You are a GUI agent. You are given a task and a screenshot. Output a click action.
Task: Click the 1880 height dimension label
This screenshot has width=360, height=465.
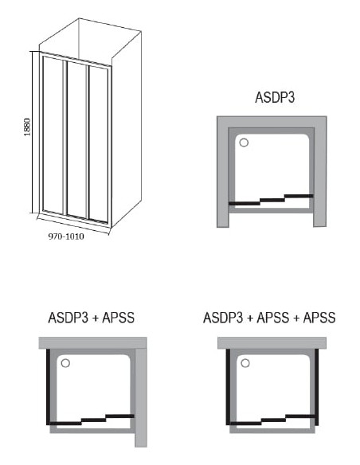27,127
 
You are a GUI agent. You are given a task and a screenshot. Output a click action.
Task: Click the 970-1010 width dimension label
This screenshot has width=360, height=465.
66,236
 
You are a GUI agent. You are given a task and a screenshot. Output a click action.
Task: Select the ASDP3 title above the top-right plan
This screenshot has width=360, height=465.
275,97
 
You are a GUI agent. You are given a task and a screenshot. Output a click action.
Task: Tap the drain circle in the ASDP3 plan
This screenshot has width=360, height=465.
244,143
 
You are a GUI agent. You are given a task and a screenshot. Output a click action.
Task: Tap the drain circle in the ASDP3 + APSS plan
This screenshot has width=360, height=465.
65,363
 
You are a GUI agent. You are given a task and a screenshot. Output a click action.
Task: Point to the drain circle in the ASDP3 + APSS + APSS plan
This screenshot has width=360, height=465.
245,363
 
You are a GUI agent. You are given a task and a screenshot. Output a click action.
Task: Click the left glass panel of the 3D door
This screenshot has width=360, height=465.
53,134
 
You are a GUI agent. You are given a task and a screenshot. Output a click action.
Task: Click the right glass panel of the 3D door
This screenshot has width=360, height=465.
99,144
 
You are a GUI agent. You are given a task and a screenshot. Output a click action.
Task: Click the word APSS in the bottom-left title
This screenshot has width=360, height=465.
119,318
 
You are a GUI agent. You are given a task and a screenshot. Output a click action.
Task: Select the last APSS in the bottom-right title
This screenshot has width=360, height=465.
319,318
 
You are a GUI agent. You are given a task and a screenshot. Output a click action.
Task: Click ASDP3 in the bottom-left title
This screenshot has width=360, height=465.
68,318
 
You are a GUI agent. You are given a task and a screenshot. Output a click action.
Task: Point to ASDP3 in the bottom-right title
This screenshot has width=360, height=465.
223,318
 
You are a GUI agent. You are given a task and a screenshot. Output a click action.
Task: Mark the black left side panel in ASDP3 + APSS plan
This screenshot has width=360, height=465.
48,387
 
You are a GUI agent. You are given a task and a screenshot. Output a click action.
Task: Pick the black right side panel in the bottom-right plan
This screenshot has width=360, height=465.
317,387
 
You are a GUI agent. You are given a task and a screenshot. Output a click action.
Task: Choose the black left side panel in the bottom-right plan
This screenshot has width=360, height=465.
228,387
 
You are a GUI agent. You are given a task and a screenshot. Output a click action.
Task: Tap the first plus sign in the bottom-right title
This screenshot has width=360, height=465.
250,318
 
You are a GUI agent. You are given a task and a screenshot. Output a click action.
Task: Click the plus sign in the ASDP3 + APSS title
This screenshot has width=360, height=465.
96,318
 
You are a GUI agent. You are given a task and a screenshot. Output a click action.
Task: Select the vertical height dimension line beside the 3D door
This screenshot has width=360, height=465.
33,132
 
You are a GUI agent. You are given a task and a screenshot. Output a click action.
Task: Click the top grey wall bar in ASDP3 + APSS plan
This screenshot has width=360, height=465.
93,343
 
